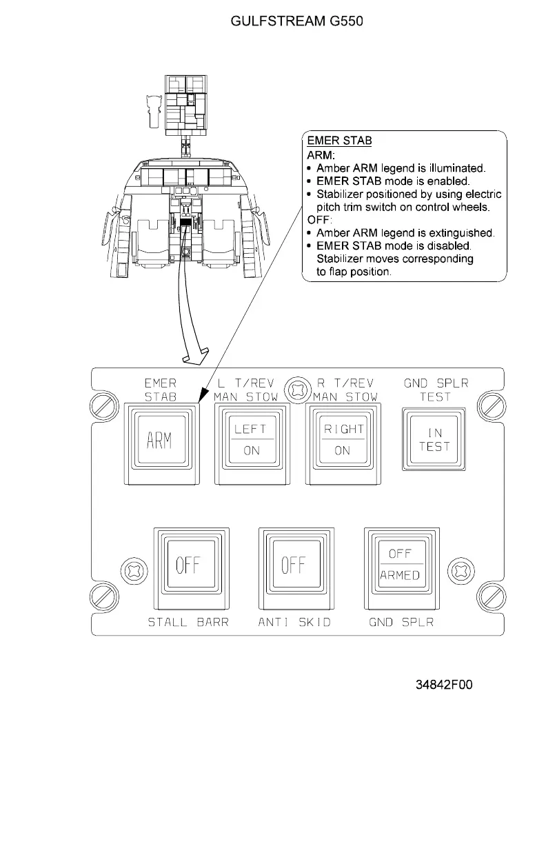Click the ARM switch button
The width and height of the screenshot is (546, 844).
(x=159, y=441)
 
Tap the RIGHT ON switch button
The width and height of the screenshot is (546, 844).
(x=344, y=439)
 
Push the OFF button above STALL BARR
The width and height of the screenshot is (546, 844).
(x=187, y=565)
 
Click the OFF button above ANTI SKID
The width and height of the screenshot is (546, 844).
(x=292, y=565)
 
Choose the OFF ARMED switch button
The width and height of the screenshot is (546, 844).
(x=399, y=565)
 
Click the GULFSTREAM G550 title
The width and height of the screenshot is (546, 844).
(x=296, y=21)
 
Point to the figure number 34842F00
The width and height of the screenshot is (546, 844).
(x=443, y=685)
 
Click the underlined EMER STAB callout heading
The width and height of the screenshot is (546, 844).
(x=339, y=141)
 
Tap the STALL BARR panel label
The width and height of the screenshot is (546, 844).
(x=188, y=623)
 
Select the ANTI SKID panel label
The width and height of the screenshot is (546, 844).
(x=294, y=623)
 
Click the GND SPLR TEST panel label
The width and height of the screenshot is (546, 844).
(x=436, y=390)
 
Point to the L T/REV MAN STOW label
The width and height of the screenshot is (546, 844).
(x=246, y=390)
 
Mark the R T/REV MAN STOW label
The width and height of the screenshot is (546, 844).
(x=345, y=390)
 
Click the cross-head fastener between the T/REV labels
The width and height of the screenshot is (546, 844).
(x=296, y=389)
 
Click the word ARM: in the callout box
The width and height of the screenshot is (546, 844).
(x=321, y=155)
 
